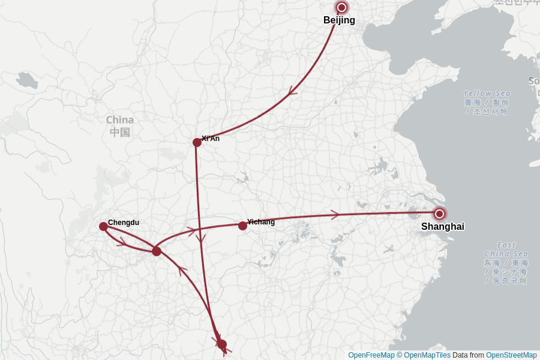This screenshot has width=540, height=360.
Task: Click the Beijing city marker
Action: tap(342, 8)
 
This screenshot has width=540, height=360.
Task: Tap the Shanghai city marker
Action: tap(440, 214)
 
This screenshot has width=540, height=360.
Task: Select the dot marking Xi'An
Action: tap(197, 142)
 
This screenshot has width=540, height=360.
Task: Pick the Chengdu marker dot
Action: tap(103, 226)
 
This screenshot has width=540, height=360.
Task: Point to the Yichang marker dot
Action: tap(242, 226)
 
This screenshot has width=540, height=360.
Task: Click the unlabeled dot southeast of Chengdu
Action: tap(157, 251)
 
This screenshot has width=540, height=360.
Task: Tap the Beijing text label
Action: tap(339, 20)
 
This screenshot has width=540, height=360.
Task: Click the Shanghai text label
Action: tap(442, 227)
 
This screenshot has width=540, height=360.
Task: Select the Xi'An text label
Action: tap(211, 139)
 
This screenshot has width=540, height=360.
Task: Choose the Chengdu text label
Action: tap(124, 223)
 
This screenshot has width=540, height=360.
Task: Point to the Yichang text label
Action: tap(261, 222)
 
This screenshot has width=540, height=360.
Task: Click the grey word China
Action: tap(120, 119)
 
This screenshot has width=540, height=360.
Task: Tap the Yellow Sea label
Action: tap(487, 94)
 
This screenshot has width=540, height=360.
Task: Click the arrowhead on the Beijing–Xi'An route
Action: tap(292, 91)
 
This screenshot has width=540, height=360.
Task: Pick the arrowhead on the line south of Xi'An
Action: tap(200, 239)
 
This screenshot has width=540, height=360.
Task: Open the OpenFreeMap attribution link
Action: tap(371, 355)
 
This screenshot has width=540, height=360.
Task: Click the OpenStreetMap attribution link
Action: tap(511, 355)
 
